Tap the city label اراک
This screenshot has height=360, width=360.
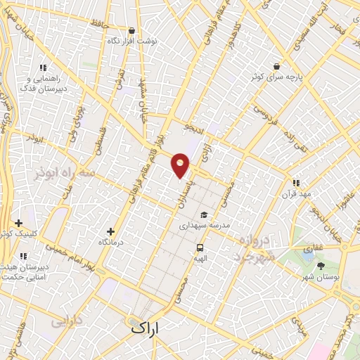pos(146,328)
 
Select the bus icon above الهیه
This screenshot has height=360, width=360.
pos(200,247)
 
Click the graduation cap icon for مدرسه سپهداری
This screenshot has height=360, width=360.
pos(204,215)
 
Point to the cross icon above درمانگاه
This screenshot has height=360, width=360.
pos(110,231)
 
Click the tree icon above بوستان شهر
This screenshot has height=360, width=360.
pos(321,266)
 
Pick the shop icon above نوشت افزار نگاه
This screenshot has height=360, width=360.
pos(132,31)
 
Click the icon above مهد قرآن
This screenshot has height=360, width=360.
pos(296,183)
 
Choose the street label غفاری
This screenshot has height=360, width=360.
pos(307,249)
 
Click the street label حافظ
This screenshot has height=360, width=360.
pos(100,25)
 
